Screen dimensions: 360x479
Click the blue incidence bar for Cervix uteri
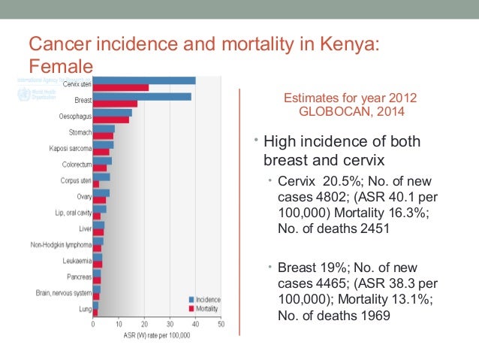[x=144, y=80]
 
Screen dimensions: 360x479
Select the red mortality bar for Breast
[x=115, y=104]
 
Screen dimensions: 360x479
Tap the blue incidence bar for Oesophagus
[x=112, y=113]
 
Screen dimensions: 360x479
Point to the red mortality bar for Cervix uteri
[x=120, y=88]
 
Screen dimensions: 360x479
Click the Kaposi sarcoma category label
[x=70, y=147]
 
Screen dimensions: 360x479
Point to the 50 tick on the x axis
[x=221, y=325]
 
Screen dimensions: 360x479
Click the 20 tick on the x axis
[x=144, y=325]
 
